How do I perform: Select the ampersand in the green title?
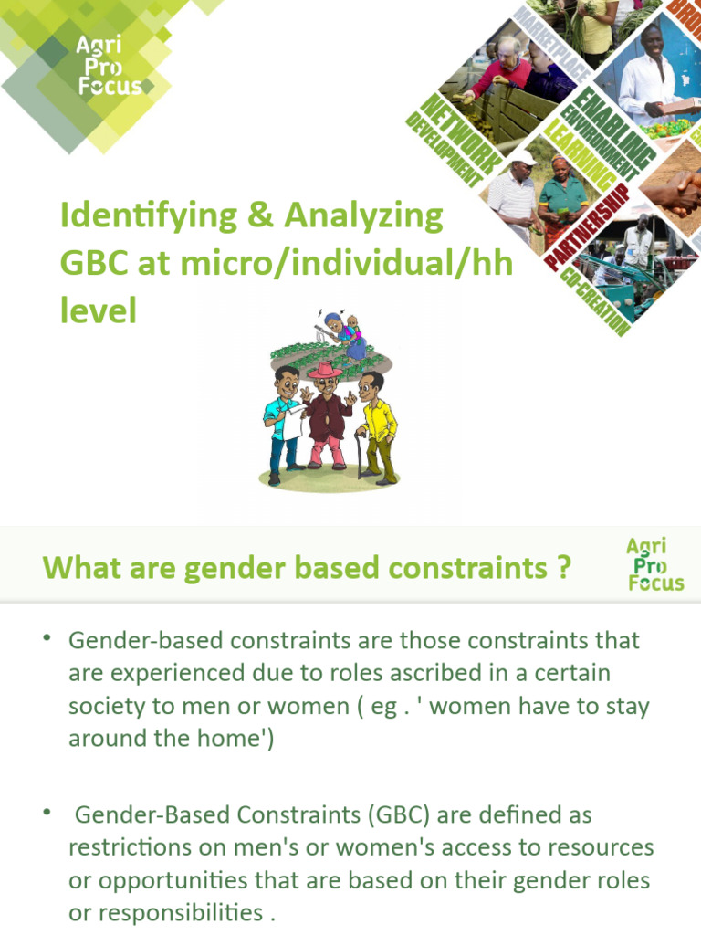tap(266, 217)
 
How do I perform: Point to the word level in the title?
tap(98, 310)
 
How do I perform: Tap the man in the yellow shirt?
tap(376, 425)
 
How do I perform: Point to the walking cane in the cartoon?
tap(362, 457)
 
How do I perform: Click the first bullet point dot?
tap(47, 636)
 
